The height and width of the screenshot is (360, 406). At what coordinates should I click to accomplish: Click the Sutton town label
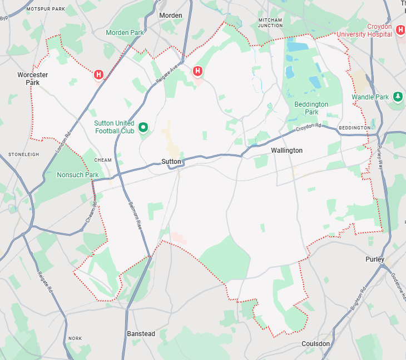[171, 161]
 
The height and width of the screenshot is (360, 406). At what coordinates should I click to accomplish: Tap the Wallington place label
[286, 151]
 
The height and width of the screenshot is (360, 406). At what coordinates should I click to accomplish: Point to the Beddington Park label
[311, 108]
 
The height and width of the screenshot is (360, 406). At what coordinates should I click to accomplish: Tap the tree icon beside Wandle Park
[398, 97]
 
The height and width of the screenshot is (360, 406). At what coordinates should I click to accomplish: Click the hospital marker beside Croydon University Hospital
[400, 29]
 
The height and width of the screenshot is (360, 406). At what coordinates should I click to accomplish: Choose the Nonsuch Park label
[77, 175]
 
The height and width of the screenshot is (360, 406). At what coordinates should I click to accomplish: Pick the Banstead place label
[141, 334]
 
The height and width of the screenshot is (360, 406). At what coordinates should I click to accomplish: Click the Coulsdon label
[315, 344]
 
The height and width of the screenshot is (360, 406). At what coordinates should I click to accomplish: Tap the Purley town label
[375, 259]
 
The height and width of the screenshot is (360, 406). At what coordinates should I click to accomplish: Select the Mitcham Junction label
[270, 22]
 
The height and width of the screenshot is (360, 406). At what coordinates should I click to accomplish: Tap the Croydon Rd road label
[309, 127]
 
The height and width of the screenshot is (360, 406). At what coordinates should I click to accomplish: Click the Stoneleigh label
[23, 154]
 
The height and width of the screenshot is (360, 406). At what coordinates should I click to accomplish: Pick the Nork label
[75, 338]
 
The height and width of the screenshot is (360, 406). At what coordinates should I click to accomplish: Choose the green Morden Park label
[125, 33]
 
